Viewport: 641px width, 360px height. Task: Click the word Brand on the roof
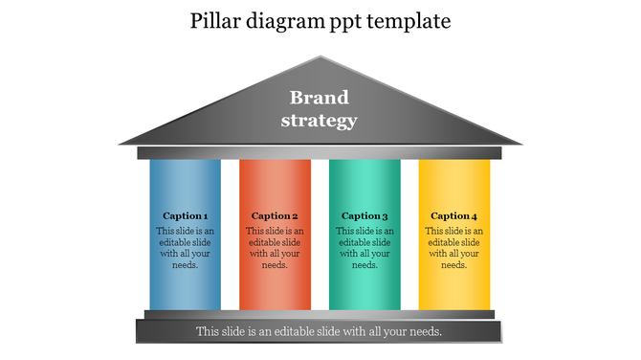pyautogui.click(x=320, y=98)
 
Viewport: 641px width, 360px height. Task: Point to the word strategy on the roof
pyautogui.click(x=320, y=120)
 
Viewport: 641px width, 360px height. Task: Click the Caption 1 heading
pyautogui.click(x=185, y=215)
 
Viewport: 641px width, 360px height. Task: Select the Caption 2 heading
pyautogui.click(x=275, y=215)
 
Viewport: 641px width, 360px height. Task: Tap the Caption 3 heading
pyautogui.click(x=365, y=215)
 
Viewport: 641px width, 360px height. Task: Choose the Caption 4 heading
pyautogui.click(x=453, y=215)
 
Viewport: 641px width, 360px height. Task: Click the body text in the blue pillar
pyautogui.click(x=185, y=248)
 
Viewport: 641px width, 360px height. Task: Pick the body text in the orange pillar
pyautogui.click(x=275, y=248)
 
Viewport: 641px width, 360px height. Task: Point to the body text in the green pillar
pyautogui.click(x=365, y=248)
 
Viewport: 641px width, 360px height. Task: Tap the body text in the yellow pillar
pyautogui.click(x=453, y=248)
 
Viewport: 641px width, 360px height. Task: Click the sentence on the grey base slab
pyautogui.click(x=320, y=331)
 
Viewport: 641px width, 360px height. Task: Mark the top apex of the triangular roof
pyautogui.click(x=320, y=57)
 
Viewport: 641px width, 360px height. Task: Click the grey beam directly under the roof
pyautogui.click(x=320, y=152)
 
